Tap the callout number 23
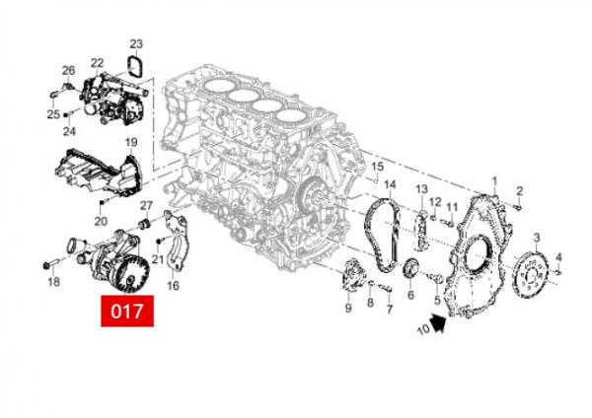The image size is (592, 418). (136, 44)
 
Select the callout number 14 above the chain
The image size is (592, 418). (389, 184)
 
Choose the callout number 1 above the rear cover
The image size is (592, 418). (494, 180)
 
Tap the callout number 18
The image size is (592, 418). (53, 283)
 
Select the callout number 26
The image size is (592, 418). (68, 70)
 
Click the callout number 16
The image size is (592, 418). (174, 286)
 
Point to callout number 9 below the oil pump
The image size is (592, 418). (348, 309)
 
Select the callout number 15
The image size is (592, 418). (376, 167)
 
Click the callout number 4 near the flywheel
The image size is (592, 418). (558, 258)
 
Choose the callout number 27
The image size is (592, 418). (146, 205)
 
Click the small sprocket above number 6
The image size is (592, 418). (412, 269)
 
